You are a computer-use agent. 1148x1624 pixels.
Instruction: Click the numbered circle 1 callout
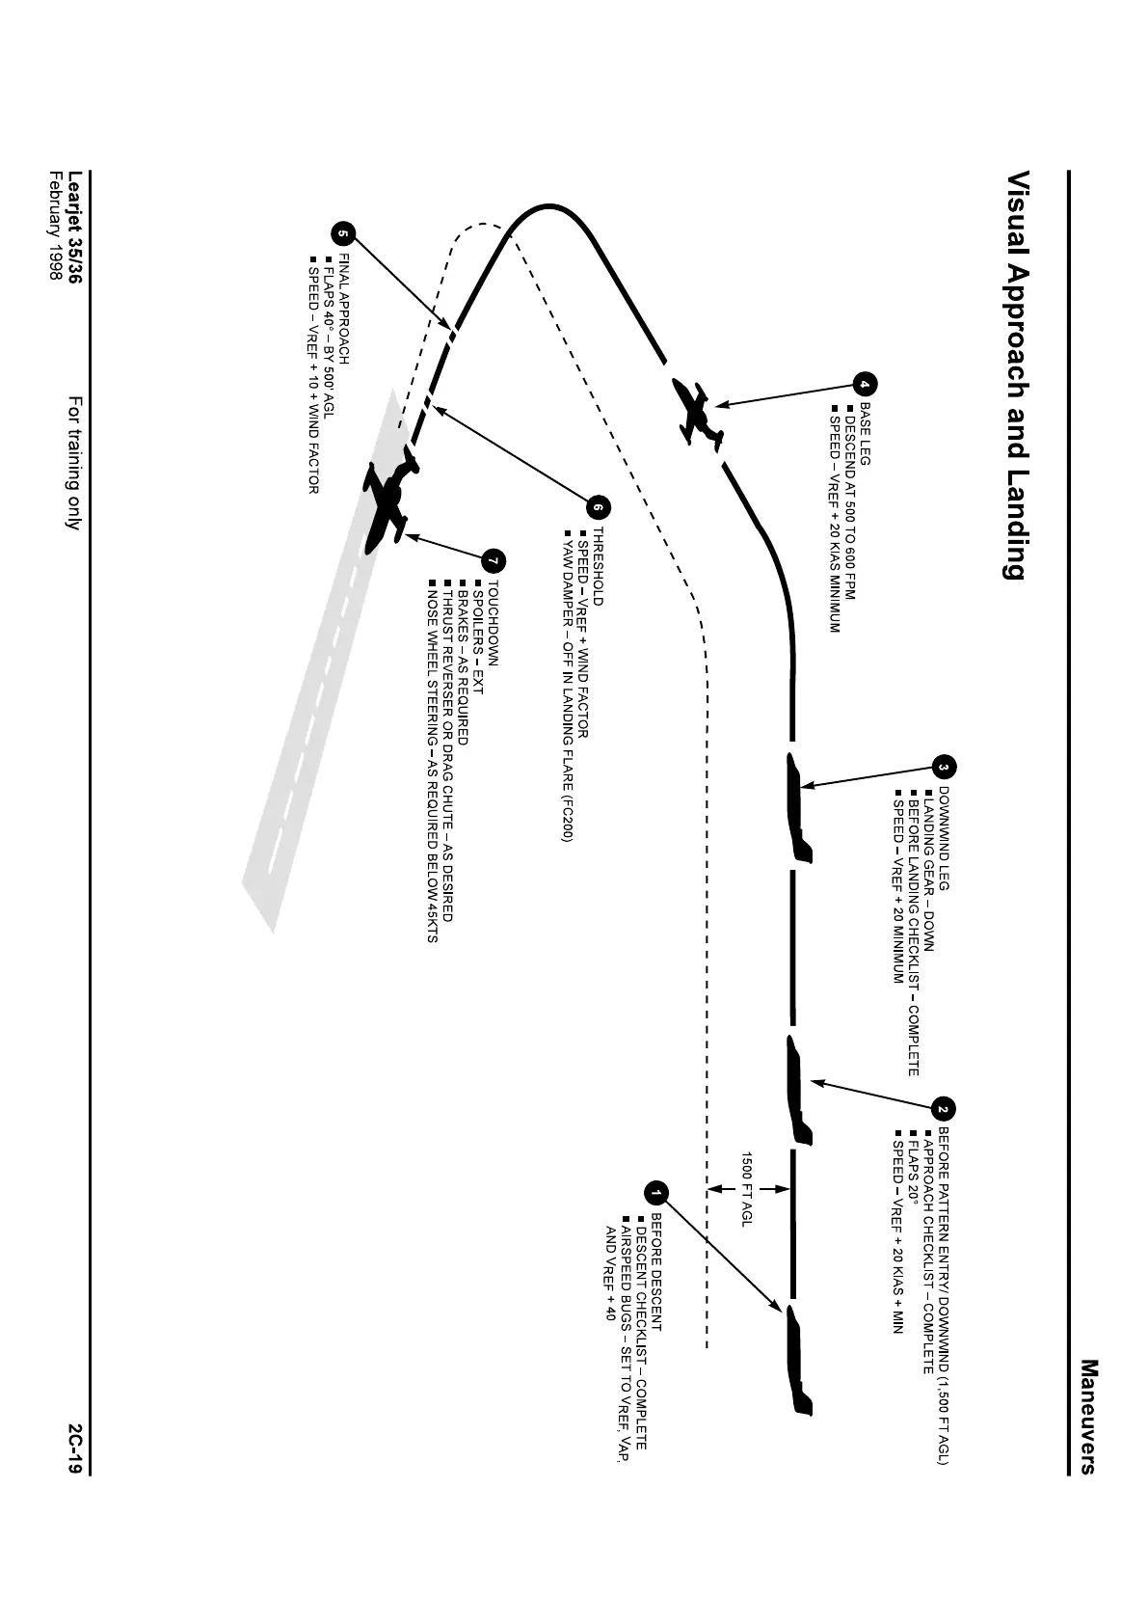point(656,1194)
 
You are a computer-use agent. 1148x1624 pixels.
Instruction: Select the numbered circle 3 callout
point(945,768)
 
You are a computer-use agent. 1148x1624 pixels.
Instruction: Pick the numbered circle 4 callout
point(865,384)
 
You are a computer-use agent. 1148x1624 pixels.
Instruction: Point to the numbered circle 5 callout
point(343,234)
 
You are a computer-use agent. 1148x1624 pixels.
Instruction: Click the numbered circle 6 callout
point(599,506)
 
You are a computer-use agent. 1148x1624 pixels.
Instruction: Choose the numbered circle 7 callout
point(494,559)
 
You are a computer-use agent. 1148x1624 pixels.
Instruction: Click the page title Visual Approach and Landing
point(1015,376)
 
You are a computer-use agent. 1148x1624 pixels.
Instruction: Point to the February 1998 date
point(55,227)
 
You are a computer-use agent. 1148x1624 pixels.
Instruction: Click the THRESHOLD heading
point(598,566)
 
